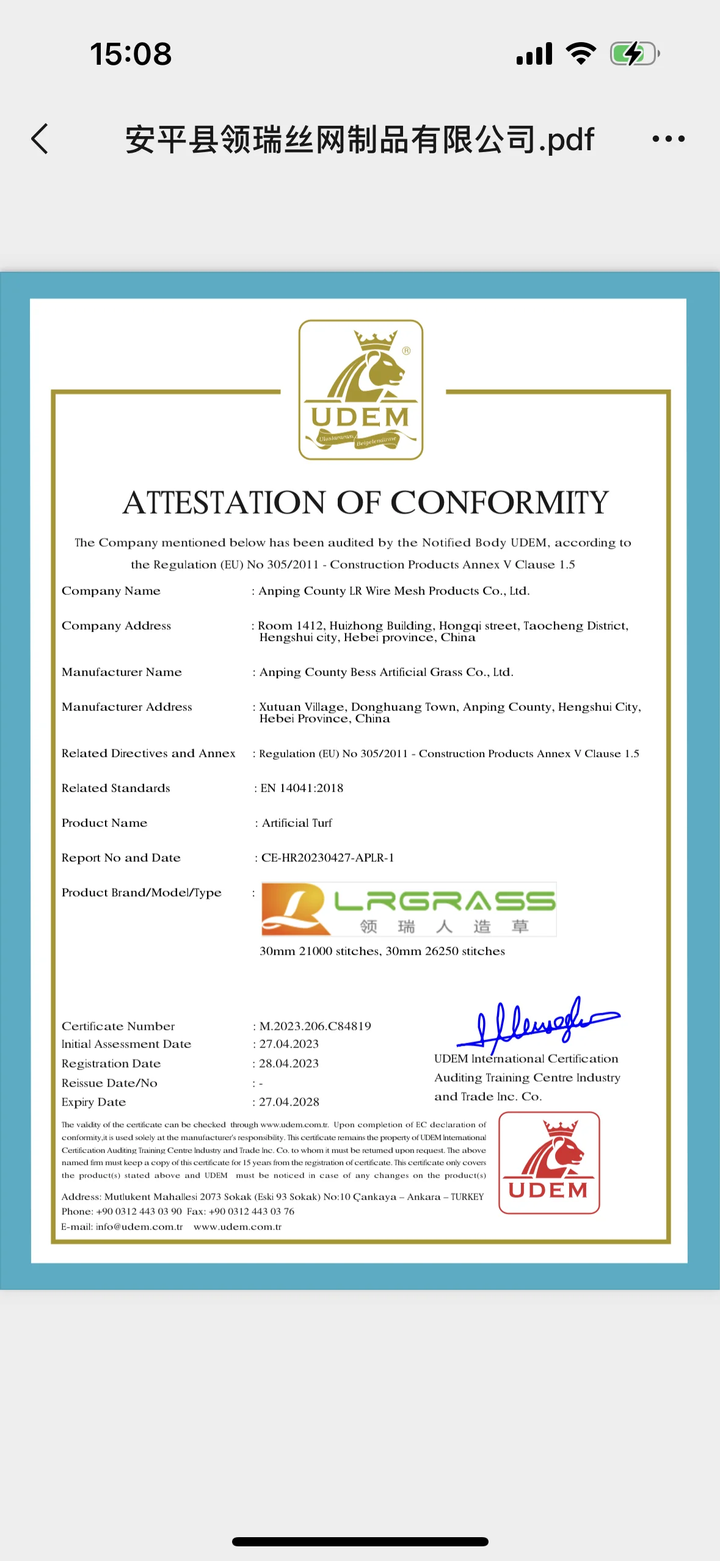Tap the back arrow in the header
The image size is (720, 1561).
[x=40, y=139]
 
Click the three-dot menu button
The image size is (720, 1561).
[x=668, y=139]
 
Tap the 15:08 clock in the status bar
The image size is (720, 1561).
[x=131, y=54]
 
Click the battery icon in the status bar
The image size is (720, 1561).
[x=635, y=54]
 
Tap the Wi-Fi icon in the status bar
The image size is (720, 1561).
[x=581, y=54]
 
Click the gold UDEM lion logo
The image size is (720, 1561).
[x=361, y=390]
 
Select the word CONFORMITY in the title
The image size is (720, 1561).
[x=499, y=503]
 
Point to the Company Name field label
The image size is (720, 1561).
[x=111, y=591]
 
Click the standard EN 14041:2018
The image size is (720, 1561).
[x=302, y=788]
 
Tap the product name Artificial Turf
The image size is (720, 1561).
[x=297, y=823]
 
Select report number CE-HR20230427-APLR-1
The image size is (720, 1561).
[x=327, y=857]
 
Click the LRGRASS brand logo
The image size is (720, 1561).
[x=409, y=909]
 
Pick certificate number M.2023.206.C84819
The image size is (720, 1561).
[x=315, y=1026]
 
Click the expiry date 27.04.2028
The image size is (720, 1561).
[x=289, y=1102]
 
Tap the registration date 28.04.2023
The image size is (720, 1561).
[x=289, y=1063]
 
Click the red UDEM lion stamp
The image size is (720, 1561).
[x=549, y=1162]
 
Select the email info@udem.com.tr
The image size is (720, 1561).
[x=139, y=1226]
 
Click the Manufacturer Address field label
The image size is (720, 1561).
[x=127, y=707]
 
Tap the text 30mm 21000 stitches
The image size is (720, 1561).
[x=319, y=951]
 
